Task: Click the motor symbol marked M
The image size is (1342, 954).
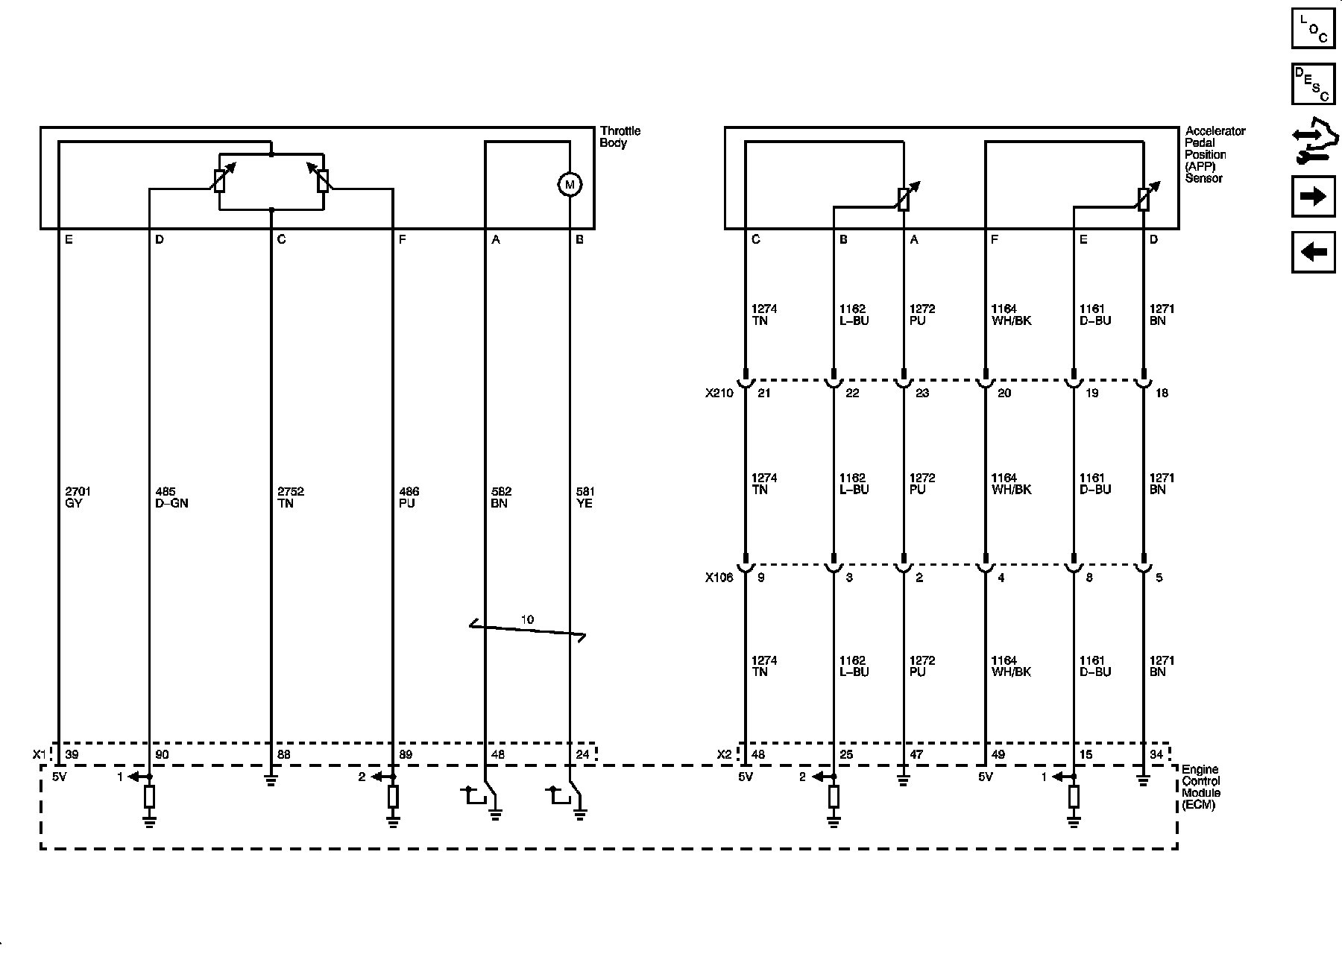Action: click(x=570, y=184)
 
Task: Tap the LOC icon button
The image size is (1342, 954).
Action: click(x=1313, y=28)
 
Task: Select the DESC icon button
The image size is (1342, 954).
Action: click(x=1313, y=84)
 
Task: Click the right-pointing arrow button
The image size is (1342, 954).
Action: click(x=1313, y=196)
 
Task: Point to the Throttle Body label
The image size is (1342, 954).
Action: click(x=620, y=137)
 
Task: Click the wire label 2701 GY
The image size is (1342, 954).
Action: click(x=78, y=497)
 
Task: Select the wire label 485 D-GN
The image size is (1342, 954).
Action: click(x=171, y=497)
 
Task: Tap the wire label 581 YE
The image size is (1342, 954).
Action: click(x=585, y=497)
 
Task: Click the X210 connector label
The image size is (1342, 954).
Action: click(x=719, y=393)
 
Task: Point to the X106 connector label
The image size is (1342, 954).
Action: click(x=719, y=577)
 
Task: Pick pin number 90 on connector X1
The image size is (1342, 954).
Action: click(x=162, y=754)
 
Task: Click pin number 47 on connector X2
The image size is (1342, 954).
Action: click(x=916, y=754)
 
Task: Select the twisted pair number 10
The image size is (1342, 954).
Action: click(x=527, y=619)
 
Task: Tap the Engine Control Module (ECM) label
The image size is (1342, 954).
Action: click(x=1200, y=787)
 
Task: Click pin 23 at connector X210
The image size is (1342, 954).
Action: click(x=922, y=393)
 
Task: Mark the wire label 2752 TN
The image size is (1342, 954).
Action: click(x=290, y=497)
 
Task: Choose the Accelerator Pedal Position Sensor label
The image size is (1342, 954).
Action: click(x=1215, y=154)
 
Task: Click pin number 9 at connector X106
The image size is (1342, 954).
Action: click(x=760, y=577)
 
